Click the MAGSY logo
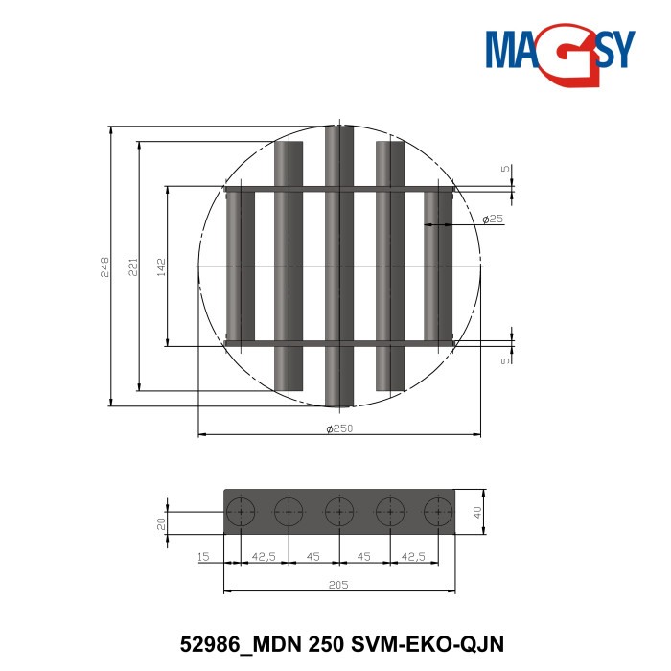coord(560,50)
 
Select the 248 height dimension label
coord(105,266)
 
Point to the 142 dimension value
coord(161,266)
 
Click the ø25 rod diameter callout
coord(493,220)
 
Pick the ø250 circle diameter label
coord(339,428)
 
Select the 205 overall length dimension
coord(338,584)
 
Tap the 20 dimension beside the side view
coord(162,523)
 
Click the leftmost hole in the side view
coord(238,513)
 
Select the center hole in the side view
coord(338,513)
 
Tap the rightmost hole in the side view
coord(439,513)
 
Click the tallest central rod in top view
coord(338,266)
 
